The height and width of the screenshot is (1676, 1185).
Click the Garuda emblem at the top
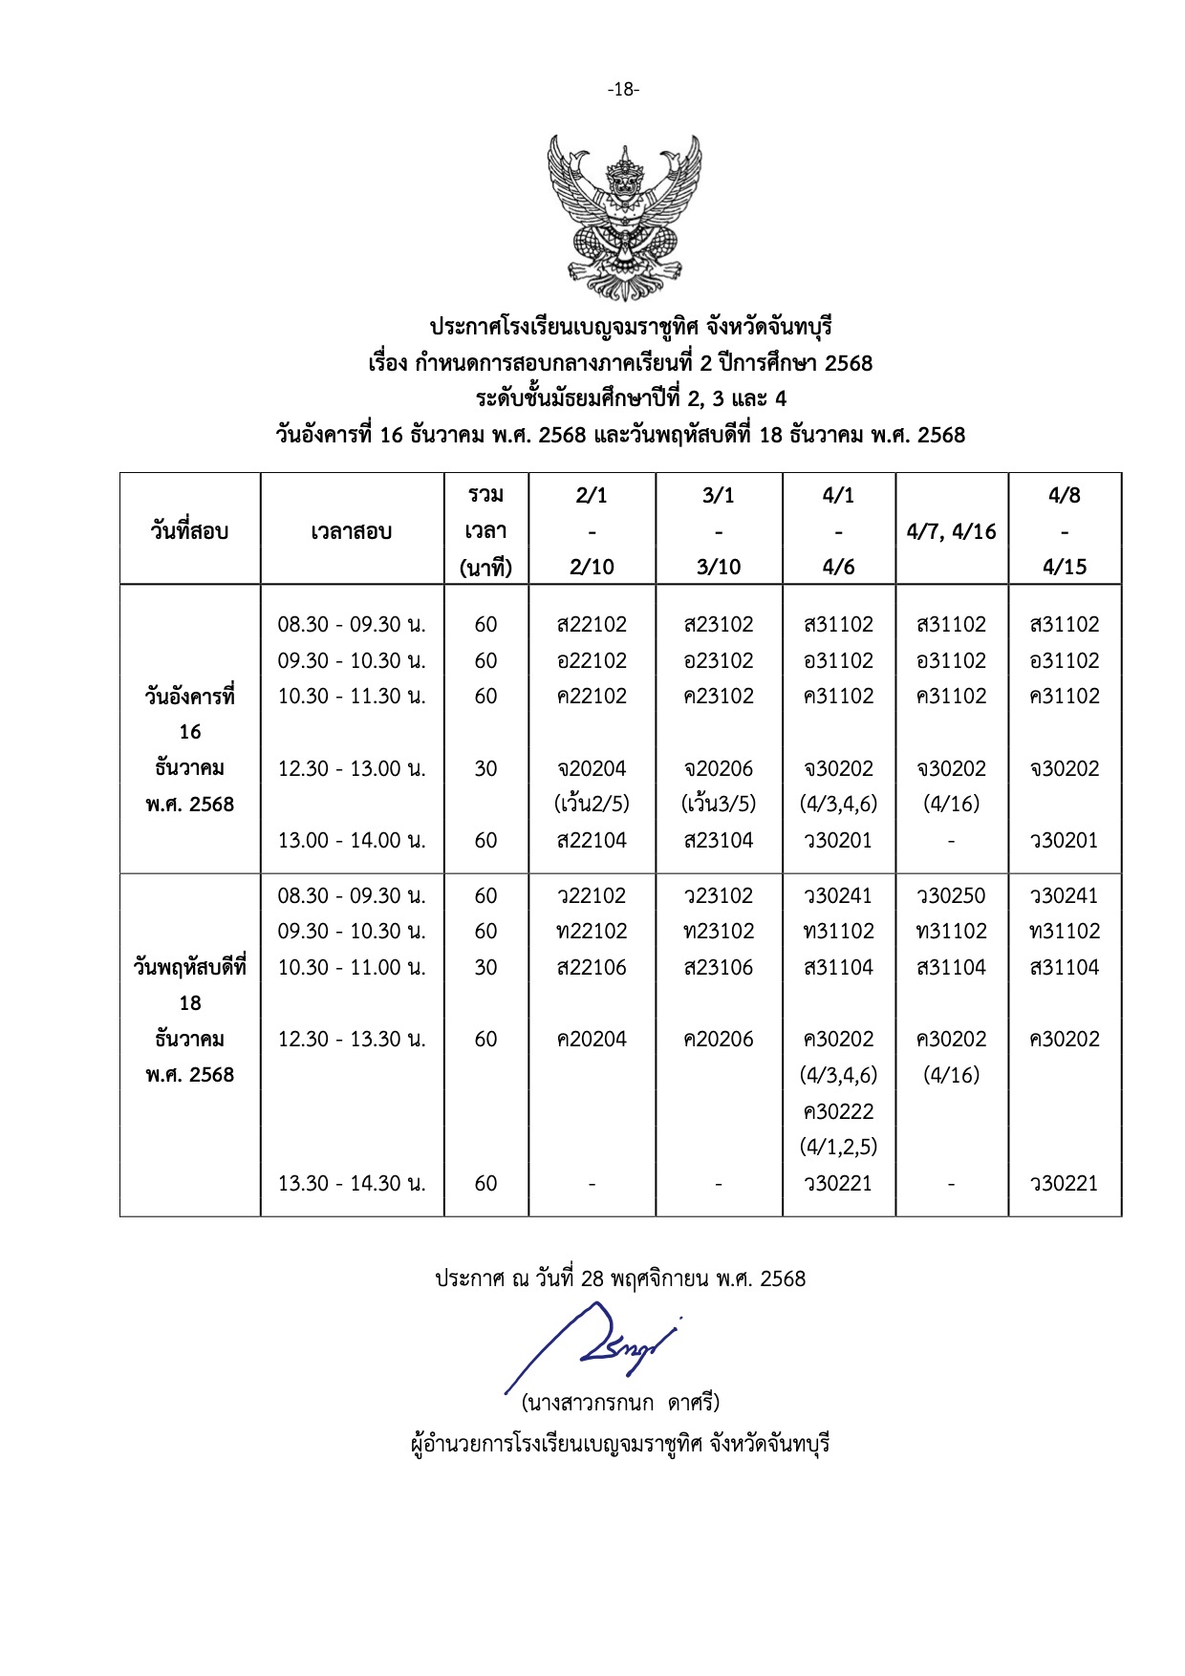click(624, 218)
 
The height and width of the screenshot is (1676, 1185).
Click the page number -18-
click(623, 90)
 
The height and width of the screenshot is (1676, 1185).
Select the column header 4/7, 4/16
click(951, 531)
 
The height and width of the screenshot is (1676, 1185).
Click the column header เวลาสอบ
click(351, 531)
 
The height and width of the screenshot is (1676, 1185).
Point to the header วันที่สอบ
click(189, 531)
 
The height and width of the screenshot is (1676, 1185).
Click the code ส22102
click(592, 625)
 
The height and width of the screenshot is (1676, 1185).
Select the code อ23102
click(719, 661)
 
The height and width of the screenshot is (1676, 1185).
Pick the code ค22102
click(592, 697)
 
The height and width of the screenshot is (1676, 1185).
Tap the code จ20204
click(592, 769)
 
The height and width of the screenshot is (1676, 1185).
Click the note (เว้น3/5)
click(719, 805)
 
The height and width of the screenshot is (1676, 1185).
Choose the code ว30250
click(951, 896)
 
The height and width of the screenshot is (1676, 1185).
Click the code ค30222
click(838, 1112)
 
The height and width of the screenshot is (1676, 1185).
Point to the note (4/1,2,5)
click(838, 1147)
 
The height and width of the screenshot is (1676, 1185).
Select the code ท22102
click(592, 932)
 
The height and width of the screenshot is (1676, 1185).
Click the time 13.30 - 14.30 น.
click(351, 1184)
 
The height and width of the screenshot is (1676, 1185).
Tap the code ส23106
click(719, 968)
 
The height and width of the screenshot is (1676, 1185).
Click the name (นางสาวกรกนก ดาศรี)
click(621, 1404)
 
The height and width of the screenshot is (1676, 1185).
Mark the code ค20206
click(719, 1040)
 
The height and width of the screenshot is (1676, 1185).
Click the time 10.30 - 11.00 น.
click(351, 968)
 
